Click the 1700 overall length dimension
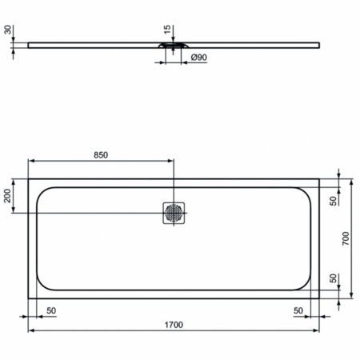[x=174, y=324]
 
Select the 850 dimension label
[x=100, y=154]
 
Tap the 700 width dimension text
[x=346, y=240]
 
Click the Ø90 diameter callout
[x=199, y=58]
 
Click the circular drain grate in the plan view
[x=174, y=213]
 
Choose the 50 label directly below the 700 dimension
[x=334, y=280]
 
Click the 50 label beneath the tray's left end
[x=51, y=310]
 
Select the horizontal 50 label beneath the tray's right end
[x=298, y=310]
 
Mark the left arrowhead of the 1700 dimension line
[x=31, y=330]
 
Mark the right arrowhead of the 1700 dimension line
[x=318, y=330]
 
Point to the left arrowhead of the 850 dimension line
[x=31, y=161]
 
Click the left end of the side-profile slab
[x=30, y=45]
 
